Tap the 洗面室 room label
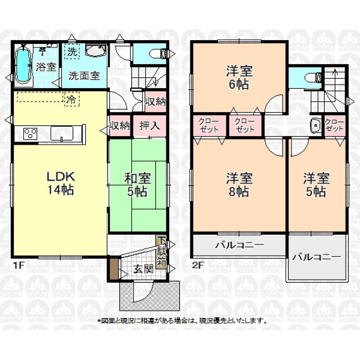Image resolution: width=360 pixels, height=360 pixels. point(84,76)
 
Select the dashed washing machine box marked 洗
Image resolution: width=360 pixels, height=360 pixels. point(72,52)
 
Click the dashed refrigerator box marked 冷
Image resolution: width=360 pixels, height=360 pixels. point(72,99)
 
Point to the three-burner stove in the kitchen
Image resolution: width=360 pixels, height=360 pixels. point(31,133)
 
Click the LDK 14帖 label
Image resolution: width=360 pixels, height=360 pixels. point(61,184)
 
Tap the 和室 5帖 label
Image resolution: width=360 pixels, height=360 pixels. point(137,185)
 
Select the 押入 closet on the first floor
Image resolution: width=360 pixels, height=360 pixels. point(149,126)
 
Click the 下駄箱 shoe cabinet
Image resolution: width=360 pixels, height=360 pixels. point(161,252)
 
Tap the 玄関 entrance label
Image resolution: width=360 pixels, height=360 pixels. point(144,269)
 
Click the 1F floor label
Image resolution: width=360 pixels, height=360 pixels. point(19,265)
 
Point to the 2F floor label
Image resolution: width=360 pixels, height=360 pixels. point(197,265)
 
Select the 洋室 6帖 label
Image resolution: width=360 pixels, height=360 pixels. point(239,77)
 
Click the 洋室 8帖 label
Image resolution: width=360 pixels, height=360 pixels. point(239,185)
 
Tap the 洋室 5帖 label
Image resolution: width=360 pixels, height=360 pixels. point(316,185)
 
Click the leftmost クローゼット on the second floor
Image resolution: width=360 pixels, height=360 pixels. point(209,125)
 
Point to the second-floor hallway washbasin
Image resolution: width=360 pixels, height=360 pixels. point(316,126)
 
